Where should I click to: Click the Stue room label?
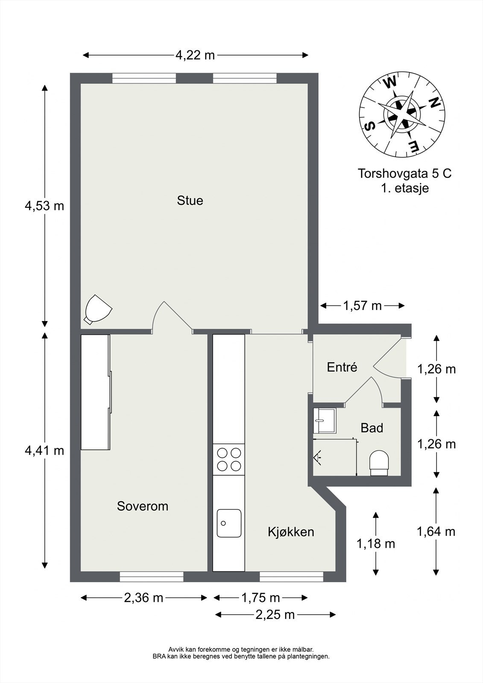pos(190,201)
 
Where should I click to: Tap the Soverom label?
pos(143,506)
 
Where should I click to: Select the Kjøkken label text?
pos(291,532)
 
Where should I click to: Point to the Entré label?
pos(342,367)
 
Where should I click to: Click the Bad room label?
pos(372,428)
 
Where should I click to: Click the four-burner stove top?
pos(229,459)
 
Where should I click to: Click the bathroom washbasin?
pos(325,421)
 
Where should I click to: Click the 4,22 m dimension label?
pos(195,55)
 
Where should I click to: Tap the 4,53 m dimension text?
pos(44,207)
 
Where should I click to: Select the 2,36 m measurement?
pos(144,598)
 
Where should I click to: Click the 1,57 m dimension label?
pos(363,306)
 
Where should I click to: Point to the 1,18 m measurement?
pos(376,544)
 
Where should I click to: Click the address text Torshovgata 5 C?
pos(404,173)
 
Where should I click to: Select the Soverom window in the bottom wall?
pos(152,577)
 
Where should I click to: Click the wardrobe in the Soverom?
pos(96,392)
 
